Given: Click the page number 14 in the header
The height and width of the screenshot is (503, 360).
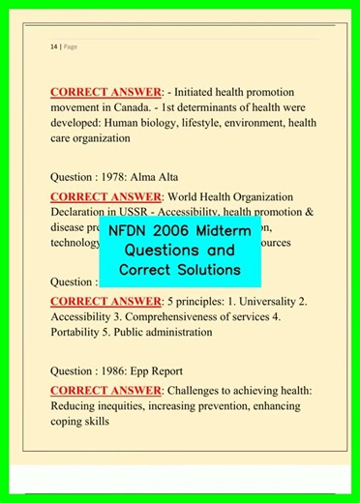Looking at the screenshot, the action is pyautogui.click(x=52, y=46).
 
